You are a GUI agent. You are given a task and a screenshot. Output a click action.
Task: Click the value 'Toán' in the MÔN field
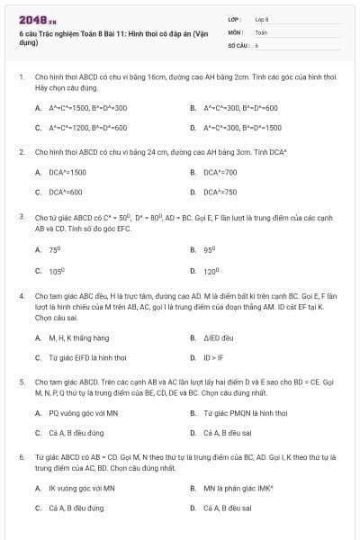click(261, 31)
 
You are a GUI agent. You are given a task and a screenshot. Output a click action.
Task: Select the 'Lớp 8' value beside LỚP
click(262, 19)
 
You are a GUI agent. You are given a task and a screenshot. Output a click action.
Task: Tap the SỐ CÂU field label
click(238, 44)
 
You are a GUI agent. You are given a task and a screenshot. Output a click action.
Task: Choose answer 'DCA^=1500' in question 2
click(67, 172)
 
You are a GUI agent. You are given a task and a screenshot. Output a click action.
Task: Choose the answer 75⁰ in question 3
click(55, 250)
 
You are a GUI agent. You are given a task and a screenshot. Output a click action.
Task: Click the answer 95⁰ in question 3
click(209, 250)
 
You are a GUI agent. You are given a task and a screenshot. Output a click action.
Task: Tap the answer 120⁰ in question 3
click(211, 270)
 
